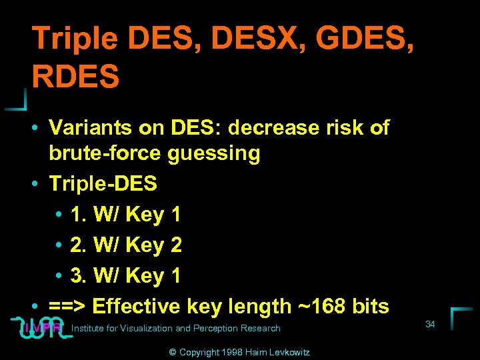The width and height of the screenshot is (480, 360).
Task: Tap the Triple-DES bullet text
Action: [103, 183]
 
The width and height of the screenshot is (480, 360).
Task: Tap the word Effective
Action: [137, 306]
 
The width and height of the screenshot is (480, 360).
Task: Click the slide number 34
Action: [430, 324]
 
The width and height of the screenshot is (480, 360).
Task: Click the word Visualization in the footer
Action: [145, 328]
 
